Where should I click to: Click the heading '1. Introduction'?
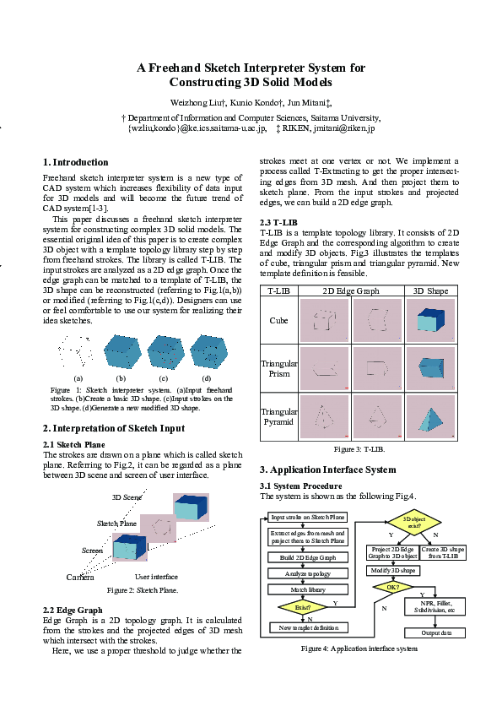coord(75,162)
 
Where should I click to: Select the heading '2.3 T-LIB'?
coord(277,223)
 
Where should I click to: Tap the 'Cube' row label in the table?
coord(278,321)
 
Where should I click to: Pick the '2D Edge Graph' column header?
coord(351,291)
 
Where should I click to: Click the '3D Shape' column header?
coord(430,291)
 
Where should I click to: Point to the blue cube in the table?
coord(430,321)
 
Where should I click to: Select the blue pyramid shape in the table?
coord(430,417)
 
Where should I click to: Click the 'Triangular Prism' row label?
coord(278,369)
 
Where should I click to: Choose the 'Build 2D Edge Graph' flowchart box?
coord(307,557)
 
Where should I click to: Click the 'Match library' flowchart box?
coord(307,589)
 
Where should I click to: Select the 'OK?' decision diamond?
coord(392,587)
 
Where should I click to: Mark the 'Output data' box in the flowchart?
coord(436,632)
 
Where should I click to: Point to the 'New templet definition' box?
coord(307,627)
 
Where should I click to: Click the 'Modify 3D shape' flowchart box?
coord(392,570)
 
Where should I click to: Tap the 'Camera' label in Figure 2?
coord(80,578)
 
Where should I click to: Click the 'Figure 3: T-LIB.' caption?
coord(359,449)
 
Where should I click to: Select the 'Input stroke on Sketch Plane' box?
coord(307,517)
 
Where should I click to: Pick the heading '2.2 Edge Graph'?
coord(73,610)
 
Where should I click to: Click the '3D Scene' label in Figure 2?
coord(127,497)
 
